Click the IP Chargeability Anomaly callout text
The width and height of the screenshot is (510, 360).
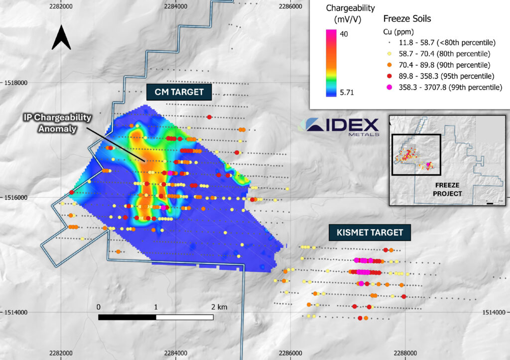point(58,122)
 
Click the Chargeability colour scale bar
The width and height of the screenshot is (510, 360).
point(332,63)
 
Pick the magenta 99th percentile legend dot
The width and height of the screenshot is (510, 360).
point(389,87)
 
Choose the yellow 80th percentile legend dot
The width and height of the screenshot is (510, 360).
point(389,54)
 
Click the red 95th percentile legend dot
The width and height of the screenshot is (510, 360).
point(389,76)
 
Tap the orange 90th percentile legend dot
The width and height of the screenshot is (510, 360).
point(389,65)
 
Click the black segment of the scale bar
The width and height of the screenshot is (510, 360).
point(127,317)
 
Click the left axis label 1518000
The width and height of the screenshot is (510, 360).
point(14,83)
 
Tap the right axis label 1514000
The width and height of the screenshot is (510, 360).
point(496,312)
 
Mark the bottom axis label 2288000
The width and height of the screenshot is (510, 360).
point(405,353)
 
